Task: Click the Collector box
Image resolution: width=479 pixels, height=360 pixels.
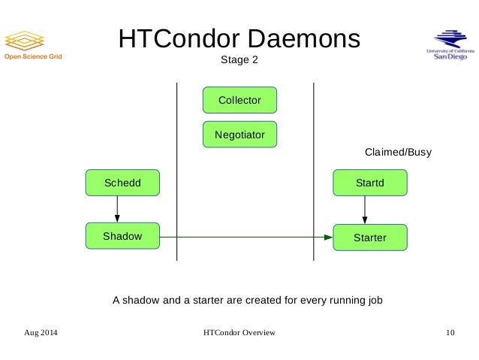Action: point(239,100)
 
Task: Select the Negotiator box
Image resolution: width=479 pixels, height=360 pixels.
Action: point(239,135)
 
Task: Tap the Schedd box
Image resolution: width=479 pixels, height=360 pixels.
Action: point(122,183)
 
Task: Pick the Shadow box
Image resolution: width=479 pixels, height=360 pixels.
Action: point(122,236)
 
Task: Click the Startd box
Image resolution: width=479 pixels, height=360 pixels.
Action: point(369,183)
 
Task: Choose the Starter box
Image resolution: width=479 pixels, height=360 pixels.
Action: point(369,237)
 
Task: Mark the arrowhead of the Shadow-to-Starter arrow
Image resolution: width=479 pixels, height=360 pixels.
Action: point(327,237)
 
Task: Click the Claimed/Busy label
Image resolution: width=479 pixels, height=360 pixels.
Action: point(398,153)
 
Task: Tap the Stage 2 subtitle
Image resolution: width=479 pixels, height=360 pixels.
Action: point(239,60)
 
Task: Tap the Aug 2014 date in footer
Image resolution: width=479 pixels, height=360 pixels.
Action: point(41,332)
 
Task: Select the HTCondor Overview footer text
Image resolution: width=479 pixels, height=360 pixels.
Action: point(239,332)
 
